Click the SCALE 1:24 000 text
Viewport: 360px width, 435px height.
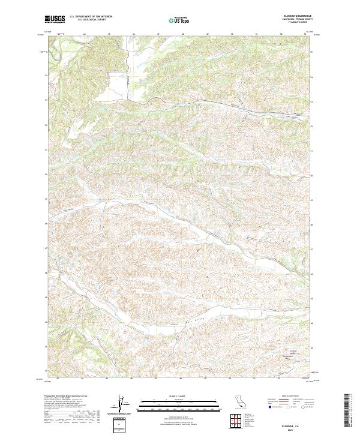173,394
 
